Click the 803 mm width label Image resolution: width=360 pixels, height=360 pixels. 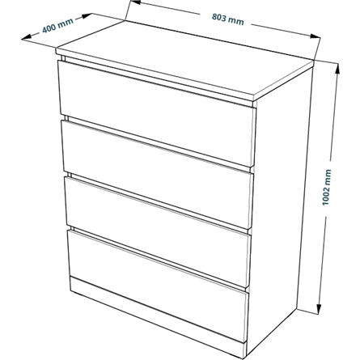(228, 19)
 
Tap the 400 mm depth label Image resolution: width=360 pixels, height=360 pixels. (57, 26)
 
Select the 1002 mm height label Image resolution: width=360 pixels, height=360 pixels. (326, 187)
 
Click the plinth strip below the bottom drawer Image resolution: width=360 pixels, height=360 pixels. (158, 316)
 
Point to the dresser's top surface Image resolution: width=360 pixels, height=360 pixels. (185, 58)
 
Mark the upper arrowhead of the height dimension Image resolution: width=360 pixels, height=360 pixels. (337, 69)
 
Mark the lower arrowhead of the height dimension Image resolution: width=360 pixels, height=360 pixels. (320, 309)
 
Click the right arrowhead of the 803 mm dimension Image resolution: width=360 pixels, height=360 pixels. (315, 36)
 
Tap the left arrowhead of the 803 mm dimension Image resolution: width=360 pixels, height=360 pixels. (135, 2)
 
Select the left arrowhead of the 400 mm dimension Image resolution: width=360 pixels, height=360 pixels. (27, 38)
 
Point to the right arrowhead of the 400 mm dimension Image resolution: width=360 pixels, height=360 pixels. (87, 16)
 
